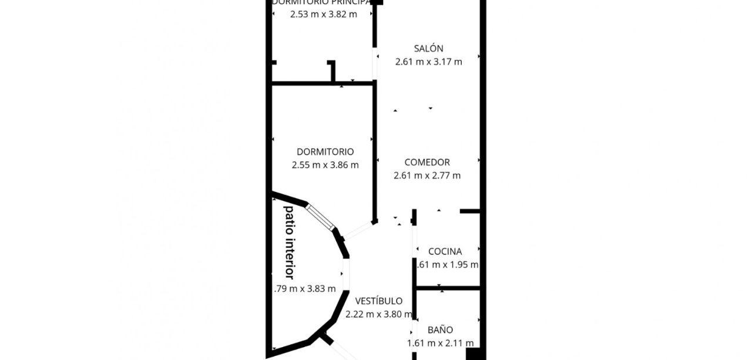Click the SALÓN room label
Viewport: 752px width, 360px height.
tap(428, 49)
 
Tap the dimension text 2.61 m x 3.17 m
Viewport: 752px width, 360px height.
tap(428, 62)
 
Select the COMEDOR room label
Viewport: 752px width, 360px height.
tap(427, 162)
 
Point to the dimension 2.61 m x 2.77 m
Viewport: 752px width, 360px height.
tap(427, 175)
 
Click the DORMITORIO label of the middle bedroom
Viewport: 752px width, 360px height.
tap(325, 152)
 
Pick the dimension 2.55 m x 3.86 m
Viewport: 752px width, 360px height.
tap(325, 165)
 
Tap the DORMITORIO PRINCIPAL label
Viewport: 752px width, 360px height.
tap(321, 2)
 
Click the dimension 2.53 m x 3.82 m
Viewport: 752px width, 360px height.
tap(323, 14)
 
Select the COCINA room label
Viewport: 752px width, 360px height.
tap(445, 251)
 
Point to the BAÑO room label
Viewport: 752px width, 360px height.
tap(440, 330)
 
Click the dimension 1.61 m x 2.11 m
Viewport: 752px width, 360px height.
tap(440, 344)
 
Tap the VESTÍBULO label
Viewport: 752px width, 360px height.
tap(374, 301)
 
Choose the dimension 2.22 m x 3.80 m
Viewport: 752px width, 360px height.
tap(378, 314)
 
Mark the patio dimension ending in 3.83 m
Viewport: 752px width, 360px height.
tap(305, 288)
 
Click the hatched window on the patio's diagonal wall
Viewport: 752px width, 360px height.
tap(320, 217)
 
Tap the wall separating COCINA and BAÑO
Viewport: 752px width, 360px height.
tap(447, 288)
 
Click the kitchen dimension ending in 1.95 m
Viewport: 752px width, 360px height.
tap(446, 265)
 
